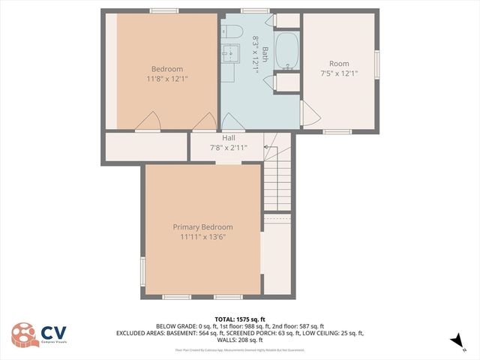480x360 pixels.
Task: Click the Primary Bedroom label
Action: click(202, 227)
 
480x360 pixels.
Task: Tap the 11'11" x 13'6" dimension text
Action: click(202, 237)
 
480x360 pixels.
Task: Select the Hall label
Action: click(229, 138)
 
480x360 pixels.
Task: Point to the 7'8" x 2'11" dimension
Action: click(229, 148)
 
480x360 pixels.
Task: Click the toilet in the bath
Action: click(231, 31)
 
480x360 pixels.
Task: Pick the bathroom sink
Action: click(229, 52)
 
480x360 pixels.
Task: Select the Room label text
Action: click(339, 64)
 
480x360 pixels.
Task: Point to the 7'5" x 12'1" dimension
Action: click(339, 73)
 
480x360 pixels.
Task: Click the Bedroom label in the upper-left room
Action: click(167, 69)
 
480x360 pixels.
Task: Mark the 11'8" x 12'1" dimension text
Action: click(167, 79)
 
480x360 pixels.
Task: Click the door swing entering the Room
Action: click(309, 114)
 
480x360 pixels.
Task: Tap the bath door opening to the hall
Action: click(232, 122)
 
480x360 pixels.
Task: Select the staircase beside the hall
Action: click(276, 180)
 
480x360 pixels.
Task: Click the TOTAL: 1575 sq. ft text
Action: click(240, 319)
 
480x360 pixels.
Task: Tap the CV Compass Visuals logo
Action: click(37, 334)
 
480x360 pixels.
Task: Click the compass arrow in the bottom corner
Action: click(456, 342)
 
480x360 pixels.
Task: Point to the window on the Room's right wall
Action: click(376, 64)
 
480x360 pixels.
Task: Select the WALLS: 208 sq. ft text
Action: click(240, 340)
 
